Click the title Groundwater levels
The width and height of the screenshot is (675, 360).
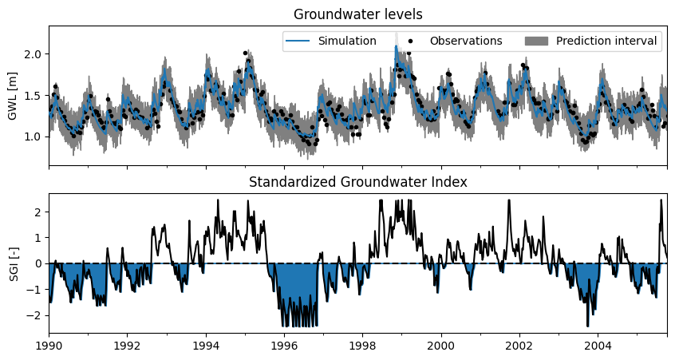[357, 14]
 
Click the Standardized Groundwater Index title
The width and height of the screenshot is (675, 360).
[357, 182]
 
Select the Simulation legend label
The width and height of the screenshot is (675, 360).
[347, 41]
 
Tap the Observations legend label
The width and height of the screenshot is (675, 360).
[466, 41]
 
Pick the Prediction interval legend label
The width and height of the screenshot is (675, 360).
[606, 41]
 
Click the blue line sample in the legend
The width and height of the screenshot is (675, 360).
[297, 41]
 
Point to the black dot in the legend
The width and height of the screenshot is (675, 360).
[410, 42]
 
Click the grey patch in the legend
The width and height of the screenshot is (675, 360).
[536, 41]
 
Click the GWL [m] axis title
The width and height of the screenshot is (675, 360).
[13, 97]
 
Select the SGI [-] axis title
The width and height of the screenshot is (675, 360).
[14, 264]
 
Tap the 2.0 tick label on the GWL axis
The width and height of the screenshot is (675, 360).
[35, 54]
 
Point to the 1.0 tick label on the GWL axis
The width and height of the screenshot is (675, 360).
[35, 137]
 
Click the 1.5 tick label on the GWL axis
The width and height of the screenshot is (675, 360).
[35, 96]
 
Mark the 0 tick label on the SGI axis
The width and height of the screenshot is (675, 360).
[40, 263]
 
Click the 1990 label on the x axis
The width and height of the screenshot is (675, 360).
[49, 346]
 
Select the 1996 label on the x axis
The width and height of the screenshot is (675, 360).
[284, 346]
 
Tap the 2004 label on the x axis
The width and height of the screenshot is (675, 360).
[598, 346]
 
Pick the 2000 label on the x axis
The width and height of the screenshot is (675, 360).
[441, 346]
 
